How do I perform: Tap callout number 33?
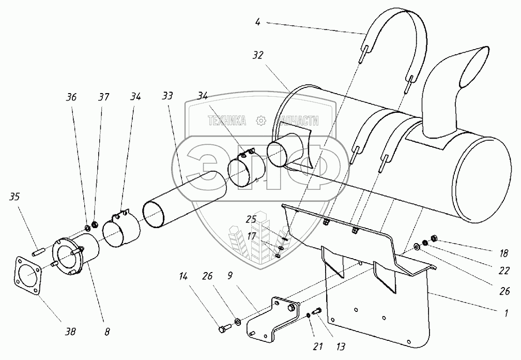(168, 96)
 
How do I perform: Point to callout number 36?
(71, 96)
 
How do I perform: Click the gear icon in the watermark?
(260, 121)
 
